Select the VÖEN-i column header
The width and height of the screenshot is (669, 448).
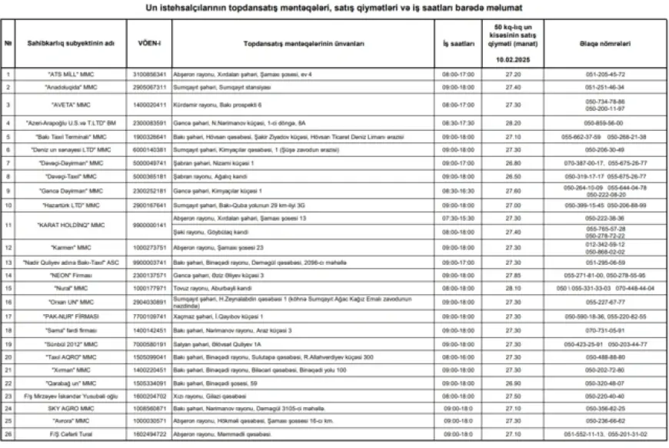coord(148,44)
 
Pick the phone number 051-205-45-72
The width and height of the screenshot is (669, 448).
coord(605,75)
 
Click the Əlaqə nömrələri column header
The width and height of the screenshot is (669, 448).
coord(605,44)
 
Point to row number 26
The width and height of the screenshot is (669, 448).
coord(8,434)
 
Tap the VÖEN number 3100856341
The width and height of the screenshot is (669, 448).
coord(148,75)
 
